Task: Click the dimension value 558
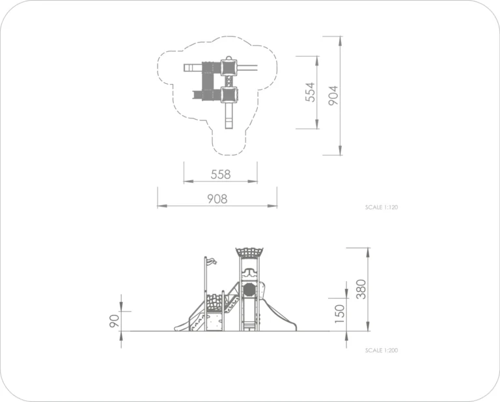(x=220, y=174)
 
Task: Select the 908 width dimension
(x=217, y=199)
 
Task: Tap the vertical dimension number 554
(x=310, y=92)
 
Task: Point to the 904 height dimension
(x=333, y=96)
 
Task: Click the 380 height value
(x=361, y=289)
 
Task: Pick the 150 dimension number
(x=340, y=314)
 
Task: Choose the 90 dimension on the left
(x=114, y=321)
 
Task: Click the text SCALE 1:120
(x=382, y=208)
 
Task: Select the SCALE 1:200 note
(x=382, y=351)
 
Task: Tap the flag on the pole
(x=211, y=261)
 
